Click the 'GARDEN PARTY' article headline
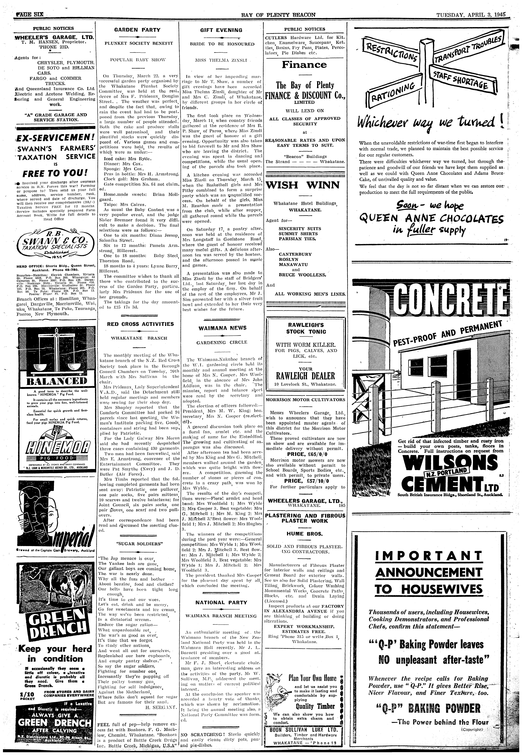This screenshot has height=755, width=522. [x=137, y=30]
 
